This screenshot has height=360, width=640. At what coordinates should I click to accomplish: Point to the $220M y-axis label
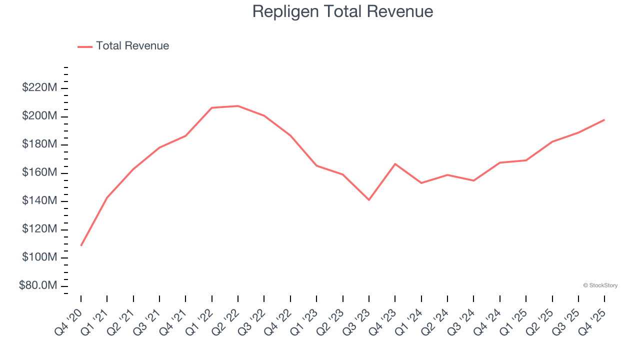coord(39,88)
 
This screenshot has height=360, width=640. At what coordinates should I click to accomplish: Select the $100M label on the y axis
coord(39,257)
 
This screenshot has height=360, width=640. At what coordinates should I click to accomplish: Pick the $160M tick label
coord(39,172)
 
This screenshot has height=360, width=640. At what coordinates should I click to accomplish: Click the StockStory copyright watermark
coord(600,285)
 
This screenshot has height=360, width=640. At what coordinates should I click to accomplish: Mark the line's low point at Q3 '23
coord(369,200)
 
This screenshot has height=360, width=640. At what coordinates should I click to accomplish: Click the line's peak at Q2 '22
coord(238,106)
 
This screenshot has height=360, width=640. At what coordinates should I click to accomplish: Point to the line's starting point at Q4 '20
coord(81,245)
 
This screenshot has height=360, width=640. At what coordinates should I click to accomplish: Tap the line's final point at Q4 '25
coord(604,120)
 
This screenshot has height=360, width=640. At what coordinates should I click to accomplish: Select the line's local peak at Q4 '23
coord(395,164)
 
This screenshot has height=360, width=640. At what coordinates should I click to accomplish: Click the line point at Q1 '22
coord(212,107)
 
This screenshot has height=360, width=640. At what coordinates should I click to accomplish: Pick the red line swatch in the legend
coord(85,46)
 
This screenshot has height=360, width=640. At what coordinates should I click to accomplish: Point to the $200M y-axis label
coord(39,116)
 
